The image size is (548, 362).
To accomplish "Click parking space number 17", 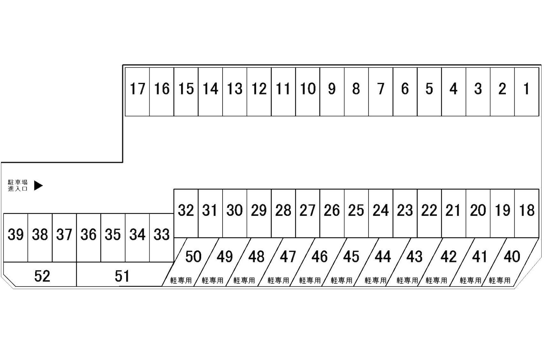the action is tap(137, 92).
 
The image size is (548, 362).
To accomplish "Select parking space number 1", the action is tap(527, 92).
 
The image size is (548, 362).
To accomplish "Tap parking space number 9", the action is tap(332, 92).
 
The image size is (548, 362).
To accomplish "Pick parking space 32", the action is tap(186, 214).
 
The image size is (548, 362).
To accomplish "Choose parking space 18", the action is tap(527, 214).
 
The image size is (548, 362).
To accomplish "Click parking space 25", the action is tap(357, 214).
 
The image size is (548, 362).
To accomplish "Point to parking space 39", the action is tap(16, 238).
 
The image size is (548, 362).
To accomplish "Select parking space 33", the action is tap(162, 238).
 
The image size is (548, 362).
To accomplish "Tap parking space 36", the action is tap(89, 238).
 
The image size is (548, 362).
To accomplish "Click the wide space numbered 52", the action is tap(40, 275).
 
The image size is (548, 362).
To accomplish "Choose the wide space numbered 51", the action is tap(122, 275).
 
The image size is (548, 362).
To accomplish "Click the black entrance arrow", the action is tap(38, 185).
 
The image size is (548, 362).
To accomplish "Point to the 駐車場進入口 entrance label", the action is tap(18, 185).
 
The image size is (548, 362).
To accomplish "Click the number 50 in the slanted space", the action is tap(193, 257).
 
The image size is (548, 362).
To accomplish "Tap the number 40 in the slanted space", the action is tap(512, 257).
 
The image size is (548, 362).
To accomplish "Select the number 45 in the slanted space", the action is tap(351, 257).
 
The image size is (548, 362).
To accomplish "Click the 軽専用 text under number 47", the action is tap(278, 280).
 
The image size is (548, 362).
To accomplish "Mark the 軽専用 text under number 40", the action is tap(499, 280).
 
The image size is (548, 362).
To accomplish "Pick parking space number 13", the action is tap(235, 92).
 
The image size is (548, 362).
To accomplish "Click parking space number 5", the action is tap(429, 92).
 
